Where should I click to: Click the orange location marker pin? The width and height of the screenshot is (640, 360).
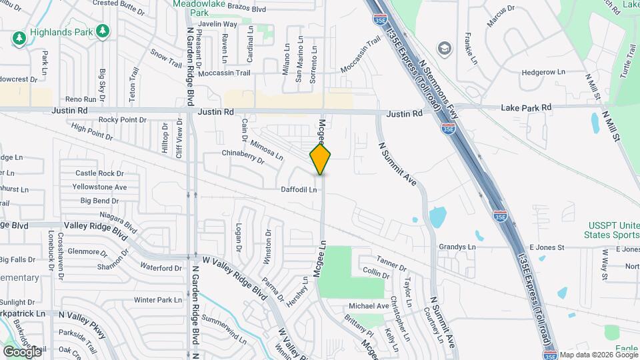click(x=321, y=160)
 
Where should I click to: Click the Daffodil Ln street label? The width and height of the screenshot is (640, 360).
click(x=298, y=190)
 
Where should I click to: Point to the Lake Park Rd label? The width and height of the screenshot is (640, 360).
click(x=527, y=107)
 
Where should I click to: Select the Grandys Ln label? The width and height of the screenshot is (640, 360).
click(x=457, y=247)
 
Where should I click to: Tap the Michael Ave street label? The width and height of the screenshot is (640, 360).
click(x=369, y=306)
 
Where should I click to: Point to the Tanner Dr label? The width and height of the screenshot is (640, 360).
click(x=391, y=263)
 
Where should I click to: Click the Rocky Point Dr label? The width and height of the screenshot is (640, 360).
click(x=122, y=120)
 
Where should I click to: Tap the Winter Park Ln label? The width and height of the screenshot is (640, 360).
click(x=158, y=300)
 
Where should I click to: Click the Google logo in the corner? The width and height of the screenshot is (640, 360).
click(x=22, y=351)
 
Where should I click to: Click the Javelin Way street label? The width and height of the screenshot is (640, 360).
click(x=219, y=24)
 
